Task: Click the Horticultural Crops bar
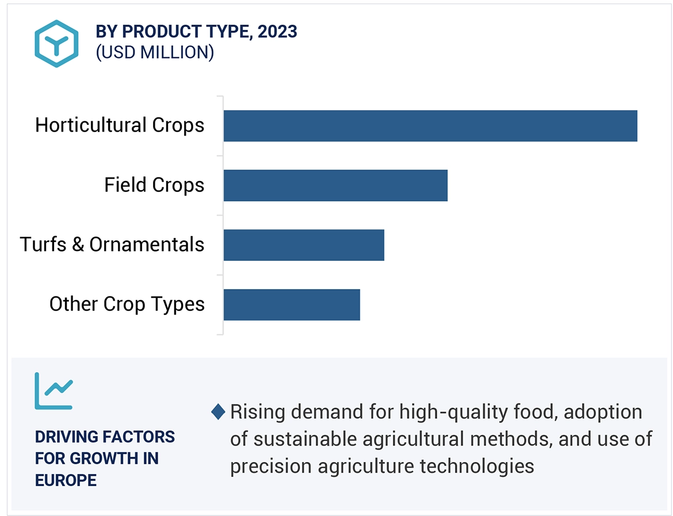coord(430,126)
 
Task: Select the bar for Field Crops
coord(335,186)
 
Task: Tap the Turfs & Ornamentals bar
coord(304,245)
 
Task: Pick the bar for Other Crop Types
coord(292,305)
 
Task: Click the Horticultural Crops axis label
coord(120,125)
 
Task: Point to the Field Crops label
coord(154,185)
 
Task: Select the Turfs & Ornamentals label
coord(112,245)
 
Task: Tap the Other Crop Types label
coord(127,304)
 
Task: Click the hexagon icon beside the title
coord(56,44)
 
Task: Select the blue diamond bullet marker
coord(218,411)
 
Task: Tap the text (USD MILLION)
coord(155,52)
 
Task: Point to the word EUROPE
coord(66,480)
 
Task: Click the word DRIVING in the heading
coord(66,437)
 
